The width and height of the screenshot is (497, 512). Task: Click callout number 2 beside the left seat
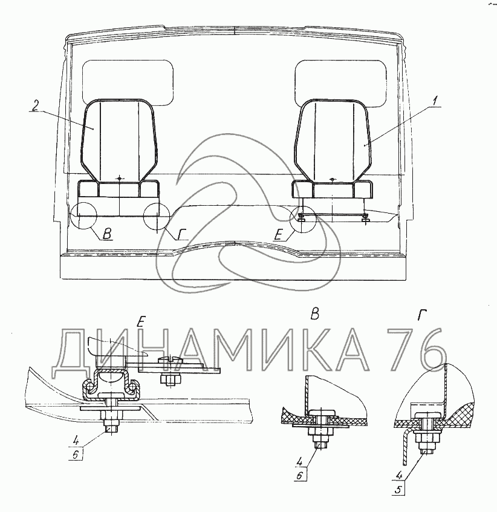pos(35,105)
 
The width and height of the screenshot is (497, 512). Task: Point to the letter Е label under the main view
pos(278,234)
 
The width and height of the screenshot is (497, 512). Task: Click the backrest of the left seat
pos(120,140)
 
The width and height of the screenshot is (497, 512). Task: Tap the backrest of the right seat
pos(333,140)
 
